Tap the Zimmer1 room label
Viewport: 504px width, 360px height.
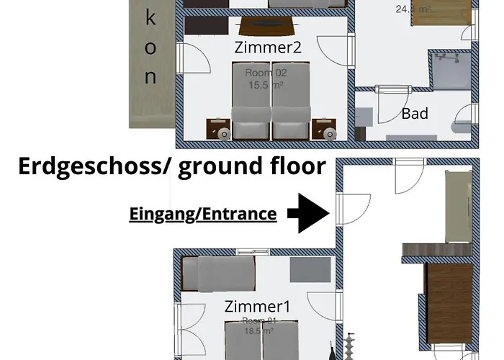point(257,306)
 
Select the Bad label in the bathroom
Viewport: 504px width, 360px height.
point(415,113)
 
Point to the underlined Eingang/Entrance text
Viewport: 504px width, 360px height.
point(202,214)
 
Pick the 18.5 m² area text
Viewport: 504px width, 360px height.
point(257,331)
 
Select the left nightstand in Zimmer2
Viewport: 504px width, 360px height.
point(218,129)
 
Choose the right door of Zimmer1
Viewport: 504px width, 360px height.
point(322,307)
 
